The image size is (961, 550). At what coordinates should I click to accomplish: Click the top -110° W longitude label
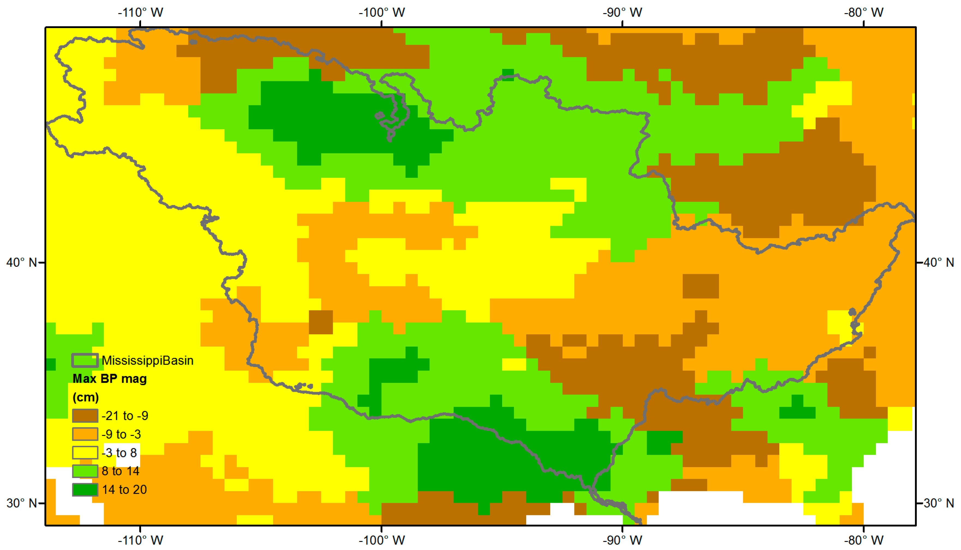(140, 13)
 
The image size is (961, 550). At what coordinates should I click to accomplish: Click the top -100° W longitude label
(382, 13)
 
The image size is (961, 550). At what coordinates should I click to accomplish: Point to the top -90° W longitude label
(622, 13)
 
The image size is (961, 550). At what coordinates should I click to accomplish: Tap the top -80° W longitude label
(864, 13)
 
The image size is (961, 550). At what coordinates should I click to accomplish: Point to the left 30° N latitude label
(22, 503)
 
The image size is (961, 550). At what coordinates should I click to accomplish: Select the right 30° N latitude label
(939, 503)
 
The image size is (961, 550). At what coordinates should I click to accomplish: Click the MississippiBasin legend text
(147, 360)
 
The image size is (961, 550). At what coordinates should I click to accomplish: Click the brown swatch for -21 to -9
(85, 416)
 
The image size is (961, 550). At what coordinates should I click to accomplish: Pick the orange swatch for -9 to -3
(85, 434)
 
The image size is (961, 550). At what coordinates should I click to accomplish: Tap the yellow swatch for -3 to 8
(85, 453)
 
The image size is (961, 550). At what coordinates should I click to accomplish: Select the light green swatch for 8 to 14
(85, 471)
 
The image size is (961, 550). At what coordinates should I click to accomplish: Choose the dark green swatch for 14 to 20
(85, 489)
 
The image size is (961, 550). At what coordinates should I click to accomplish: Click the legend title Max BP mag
(110, 378)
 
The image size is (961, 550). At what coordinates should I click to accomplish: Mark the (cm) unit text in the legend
(86, 397)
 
